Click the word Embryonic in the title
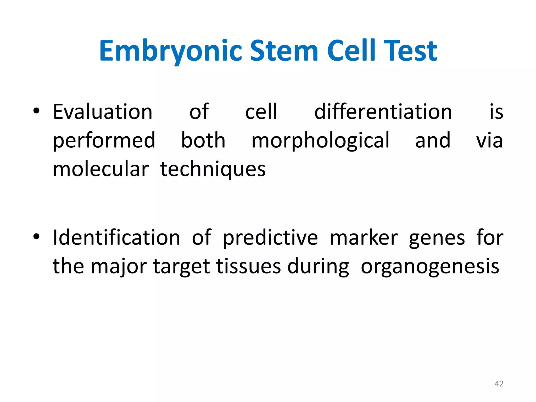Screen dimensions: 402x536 [170, 51]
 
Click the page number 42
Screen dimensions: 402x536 [499, 384]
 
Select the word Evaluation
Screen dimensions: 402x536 [103, 112]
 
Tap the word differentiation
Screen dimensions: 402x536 [383, 112]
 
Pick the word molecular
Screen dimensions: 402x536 [101, 169]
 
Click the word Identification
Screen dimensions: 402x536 [116, 237]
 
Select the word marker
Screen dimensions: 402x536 [364, 237]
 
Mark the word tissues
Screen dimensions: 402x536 [249, 266]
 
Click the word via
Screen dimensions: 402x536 [489, 141]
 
